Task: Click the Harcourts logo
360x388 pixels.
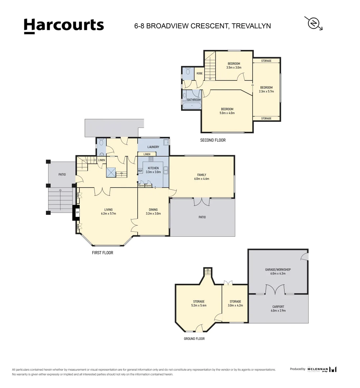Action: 64,26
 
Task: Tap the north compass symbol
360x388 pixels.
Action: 314,23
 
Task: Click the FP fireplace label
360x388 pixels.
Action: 77,213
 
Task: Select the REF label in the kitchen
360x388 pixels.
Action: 140,171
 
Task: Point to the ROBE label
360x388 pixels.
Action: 199,73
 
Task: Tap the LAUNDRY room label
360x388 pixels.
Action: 153,147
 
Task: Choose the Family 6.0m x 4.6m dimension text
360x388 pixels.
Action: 201,179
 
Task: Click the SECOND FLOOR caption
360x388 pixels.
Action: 213,140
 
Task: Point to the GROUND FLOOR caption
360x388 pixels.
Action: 194,339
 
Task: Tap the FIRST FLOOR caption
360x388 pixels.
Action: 102,253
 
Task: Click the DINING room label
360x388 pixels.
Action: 153,209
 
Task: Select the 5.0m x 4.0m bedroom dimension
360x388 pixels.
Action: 227,113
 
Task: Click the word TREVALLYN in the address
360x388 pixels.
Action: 251,26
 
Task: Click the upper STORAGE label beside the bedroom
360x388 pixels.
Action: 266,61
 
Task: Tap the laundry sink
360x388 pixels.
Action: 166,142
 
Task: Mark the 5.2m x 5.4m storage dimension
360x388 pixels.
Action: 198,305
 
